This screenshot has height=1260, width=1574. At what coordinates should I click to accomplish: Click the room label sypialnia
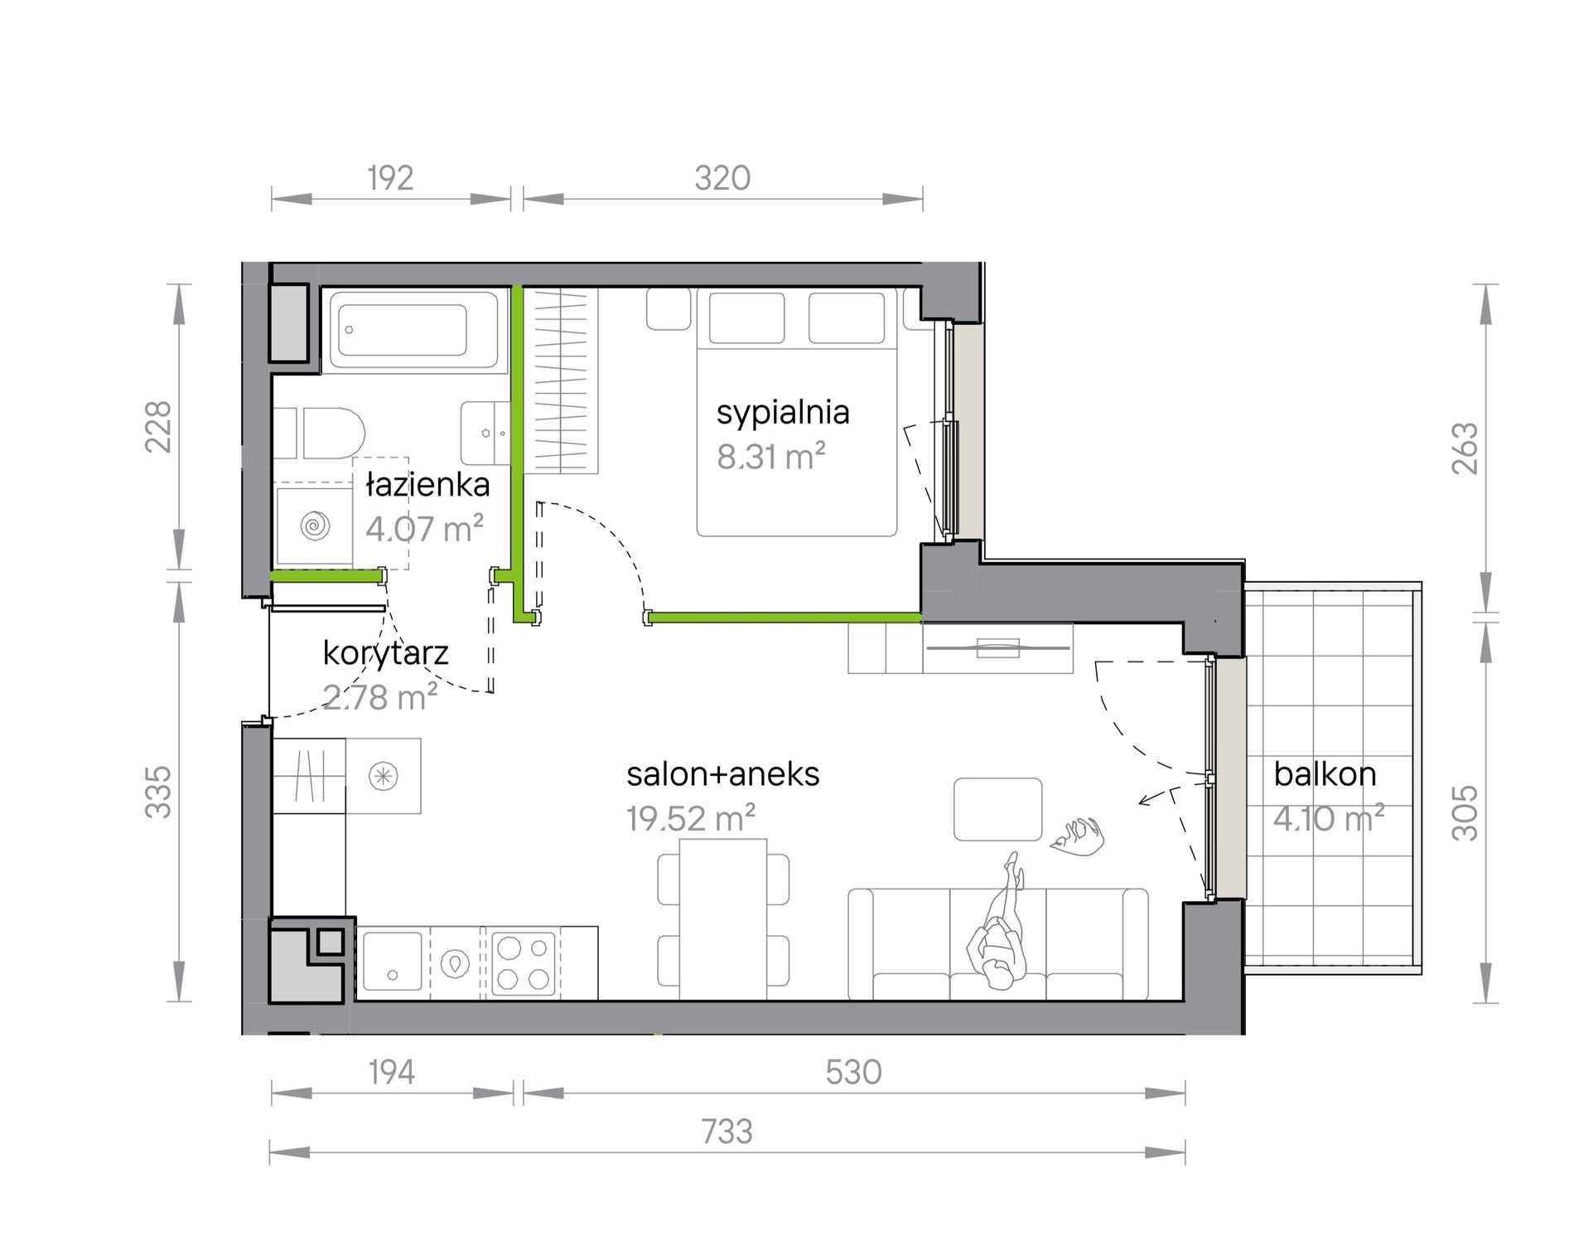[783, 413]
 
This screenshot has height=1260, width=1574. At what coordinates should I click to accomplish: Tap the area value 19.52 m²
[691, 819]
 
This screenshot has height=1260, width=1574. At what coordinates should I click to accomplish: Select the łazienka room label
[428, 485]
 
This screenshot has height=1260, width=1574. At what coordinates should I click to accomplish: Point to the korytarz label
[385, 653]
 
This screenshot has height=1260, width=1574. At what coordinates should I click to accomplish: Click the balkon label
[1325, 774]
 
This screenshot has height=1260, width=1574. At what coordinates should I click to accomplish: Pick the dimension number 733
[727, 1132]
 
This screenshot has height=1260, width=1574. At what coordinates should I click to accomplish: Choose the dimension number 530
[853, 1073]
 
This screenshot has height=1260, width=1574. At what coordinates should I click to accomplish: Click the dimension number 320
[722, 178]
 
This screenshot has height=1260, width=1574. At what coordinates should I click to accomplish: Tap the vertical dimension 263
[1465, 448]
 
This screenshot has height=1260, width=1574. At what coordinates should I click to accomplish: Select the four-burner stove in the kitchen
[524, 963]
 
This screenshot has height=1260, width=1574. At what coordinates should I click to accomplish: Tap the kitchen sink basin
[392, 962]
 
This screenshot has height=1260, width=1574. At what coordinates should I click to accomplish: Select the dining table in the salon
[723, 918]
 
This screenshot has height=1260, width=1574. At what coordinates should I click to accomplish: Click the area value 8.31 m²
[771, 456]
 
